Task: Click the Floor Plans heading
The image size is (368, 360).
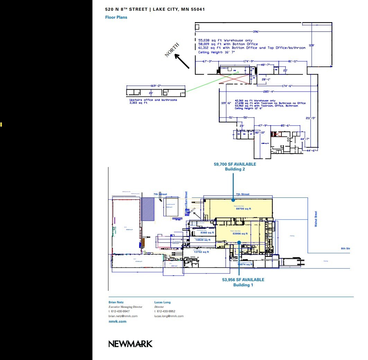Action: click(116, 17)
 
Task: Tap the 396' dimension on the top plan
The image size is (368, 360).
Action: click(256, 32)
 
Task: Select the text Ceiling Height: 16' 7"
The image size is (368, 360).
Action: click(216, 52)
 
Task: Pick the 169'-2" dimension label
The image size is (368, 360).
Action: click(155, 85)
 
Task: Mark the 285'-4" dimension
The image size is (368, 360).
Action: click(268, 92)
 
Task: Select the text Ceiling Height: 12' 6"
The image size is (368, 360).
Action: click(249, 108)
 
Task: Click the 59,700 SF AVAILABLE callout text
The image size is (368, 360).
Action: click(235, 164)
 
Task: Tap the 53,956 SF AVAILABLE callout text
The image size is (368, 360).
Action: click(243, 280)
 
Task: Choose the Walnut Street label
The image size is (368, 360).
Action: click(316, 219)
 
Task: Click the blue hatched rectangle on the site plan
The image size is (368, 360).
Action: click(148, 209)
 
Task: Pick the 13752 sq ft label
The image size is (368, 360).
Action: click(201, 252)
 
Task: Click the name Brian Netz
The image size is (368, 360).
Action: click(116, 302)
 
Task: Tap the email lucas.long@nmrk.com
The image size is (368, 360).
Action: click(169, 316)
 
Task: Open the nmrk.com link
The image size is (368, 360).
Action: click(117, 322)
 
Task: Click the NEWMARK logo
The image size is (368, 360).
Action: click(130, 344)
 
